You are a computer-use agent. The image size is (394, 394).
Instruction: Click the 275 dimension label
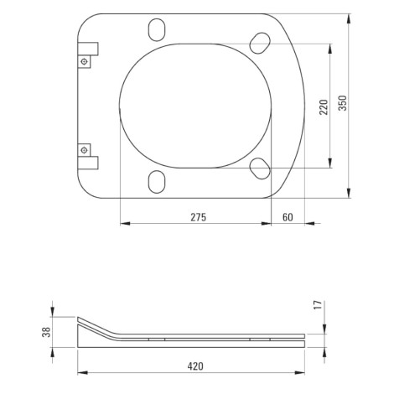199,217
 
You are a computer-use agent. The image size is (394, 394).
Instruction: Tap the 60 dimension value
288,217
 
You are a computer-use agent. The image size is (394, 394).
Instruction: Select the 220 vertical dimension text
324,106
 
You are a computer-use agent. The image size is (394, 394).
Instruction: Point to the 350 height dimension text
343,103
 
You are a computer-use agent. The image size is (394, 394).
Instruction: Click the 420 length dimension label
195,366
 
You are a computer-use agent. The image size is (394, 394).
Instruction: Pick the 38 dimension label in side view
46,332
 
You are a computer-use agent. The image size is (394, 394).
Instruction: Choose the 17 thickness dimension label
318,304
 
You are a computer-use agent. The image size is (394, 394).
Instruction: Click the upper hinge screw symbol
84,62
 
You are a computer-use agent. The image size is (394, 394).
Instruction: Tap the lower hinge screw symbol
84,150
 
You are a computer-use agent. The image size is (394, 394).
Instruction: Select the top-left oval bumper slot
157,30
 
